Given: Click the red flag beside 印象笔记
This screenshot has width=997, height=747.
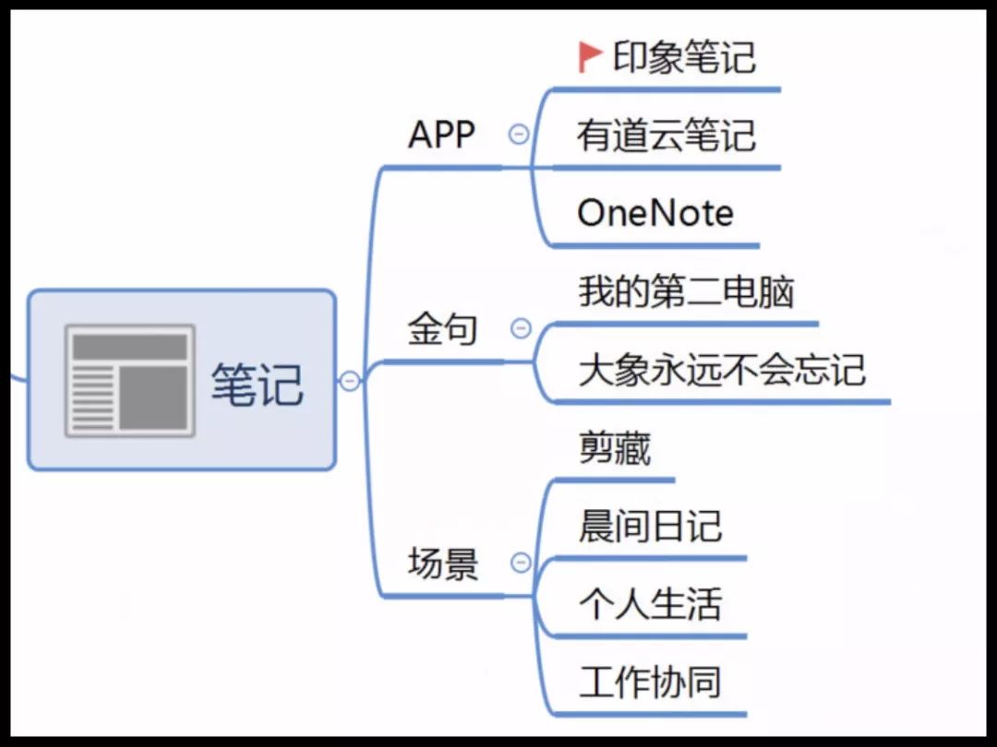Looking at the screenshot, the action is (x=589, y=56).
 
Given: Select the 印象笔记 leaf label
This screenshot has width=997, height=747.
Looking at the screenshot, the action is (x=684, y=57).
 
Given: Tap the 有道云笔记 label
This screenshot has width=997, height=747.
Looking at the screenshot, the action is (x=667, y=136).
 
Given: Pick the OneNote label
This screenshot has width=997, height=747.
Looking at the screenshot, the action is (x=655, y=213).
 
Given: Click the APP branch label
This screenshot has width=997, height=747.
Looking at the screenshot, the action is (x=441, y=134).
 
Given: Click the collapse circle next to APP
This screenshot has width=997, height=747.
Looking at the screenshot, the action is (x=519, y=134).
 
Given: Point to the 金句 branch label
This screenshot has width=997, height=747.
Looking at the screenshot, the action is (x=442, y=328).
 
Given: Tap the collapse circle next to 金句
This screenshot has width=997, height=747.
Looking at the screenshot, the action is (x=521, y=328).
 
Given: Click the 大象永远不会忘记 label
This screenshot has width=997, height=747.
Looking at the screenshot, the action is (x=722, y=370).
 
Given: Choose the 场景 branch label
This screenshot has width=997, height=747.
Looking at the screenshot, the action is (x=442, y=563).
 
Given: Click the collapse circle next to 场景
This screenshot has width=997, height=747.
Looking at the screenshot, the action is (x=521, y=563).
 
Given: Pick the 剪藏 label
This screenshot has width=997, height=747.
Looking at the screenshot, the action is (x=615, y=448).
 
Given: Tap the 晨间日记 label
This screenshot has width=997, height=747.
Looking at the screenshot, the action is (x=651, y=526).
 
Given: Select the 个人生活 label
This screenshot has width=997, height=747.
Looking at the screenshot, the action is (x=651, y=603).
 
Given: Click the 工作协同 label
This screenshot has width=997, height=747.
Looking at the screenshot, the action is (x=651, y=682).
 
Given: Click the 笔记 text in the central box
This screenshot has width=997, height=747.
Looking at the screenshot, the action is (x=257, y=384).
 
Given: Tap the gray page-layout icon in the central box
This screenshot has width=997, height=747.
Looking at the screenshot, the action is (x=130, y=381).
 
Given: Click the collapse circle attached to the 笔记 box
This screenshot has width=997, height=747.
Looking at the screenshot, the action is (x=350, y=381).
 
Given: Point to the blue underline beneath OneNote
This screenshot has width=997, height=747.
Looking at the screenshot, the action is (x=655, y=245).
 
